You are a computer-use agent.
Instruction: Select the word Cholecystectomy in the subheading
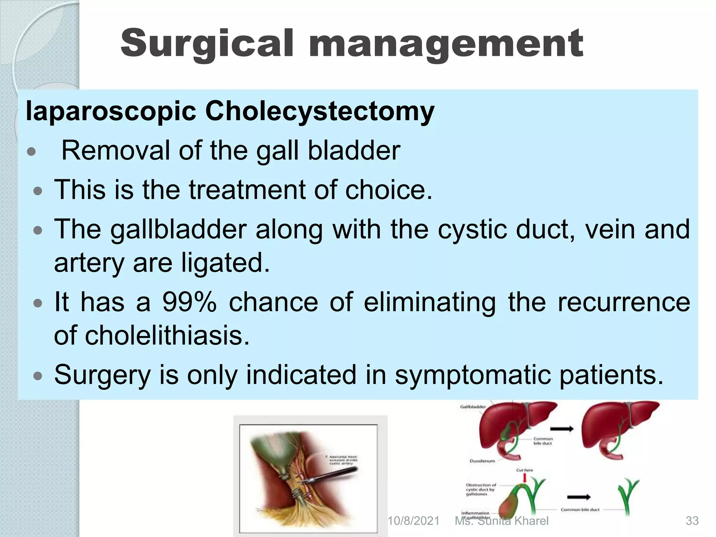[320, 111]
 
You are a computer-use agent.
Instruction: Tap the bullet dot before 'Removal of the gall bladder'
[31, 152]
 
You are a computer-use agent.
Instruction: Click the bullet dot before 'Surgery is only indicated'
[37, 376]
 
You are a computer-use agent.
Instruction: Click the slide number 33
[692, 521]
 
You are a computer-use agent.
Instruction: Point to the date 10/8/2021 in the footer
[413, 521]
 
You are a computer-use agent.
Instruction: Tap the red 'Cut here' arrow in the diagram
[524, 478]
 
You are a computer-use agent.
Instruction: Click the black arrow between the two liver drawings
[562, 429]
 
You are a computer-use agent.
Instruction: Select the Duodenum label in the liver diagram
[482, 461]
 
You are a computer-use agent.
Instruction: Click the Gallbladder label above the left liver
[473, 407]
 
